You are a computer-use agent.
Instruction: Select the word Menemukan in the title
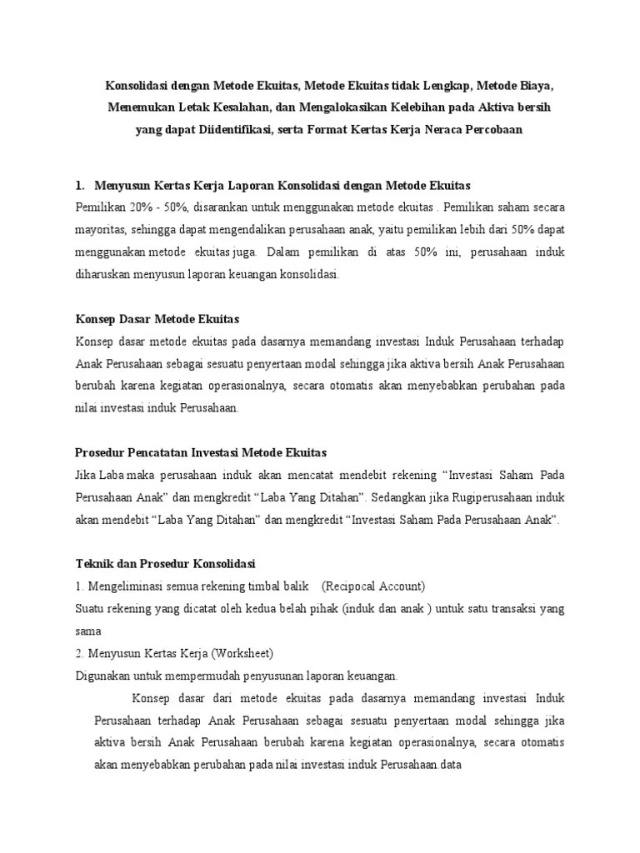(135, 108)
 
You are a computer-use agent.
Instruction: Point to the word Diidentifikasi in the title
(231, 132)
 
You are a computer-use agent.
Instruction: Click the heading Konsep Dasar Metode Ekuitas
(157, 318)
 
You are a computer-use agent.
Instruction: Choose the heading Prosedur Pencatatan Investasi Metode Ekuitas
(201, 452)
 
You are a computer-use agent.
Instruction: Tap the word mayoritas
(102, 228)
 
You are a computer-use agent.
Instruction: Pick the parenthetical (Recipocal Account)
(373, 586)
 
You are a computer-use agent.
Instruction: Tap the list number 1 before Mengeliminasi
(77, 586)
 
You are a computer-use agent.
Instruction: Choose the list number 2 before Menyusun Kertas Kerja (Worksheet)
(77, 653)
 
